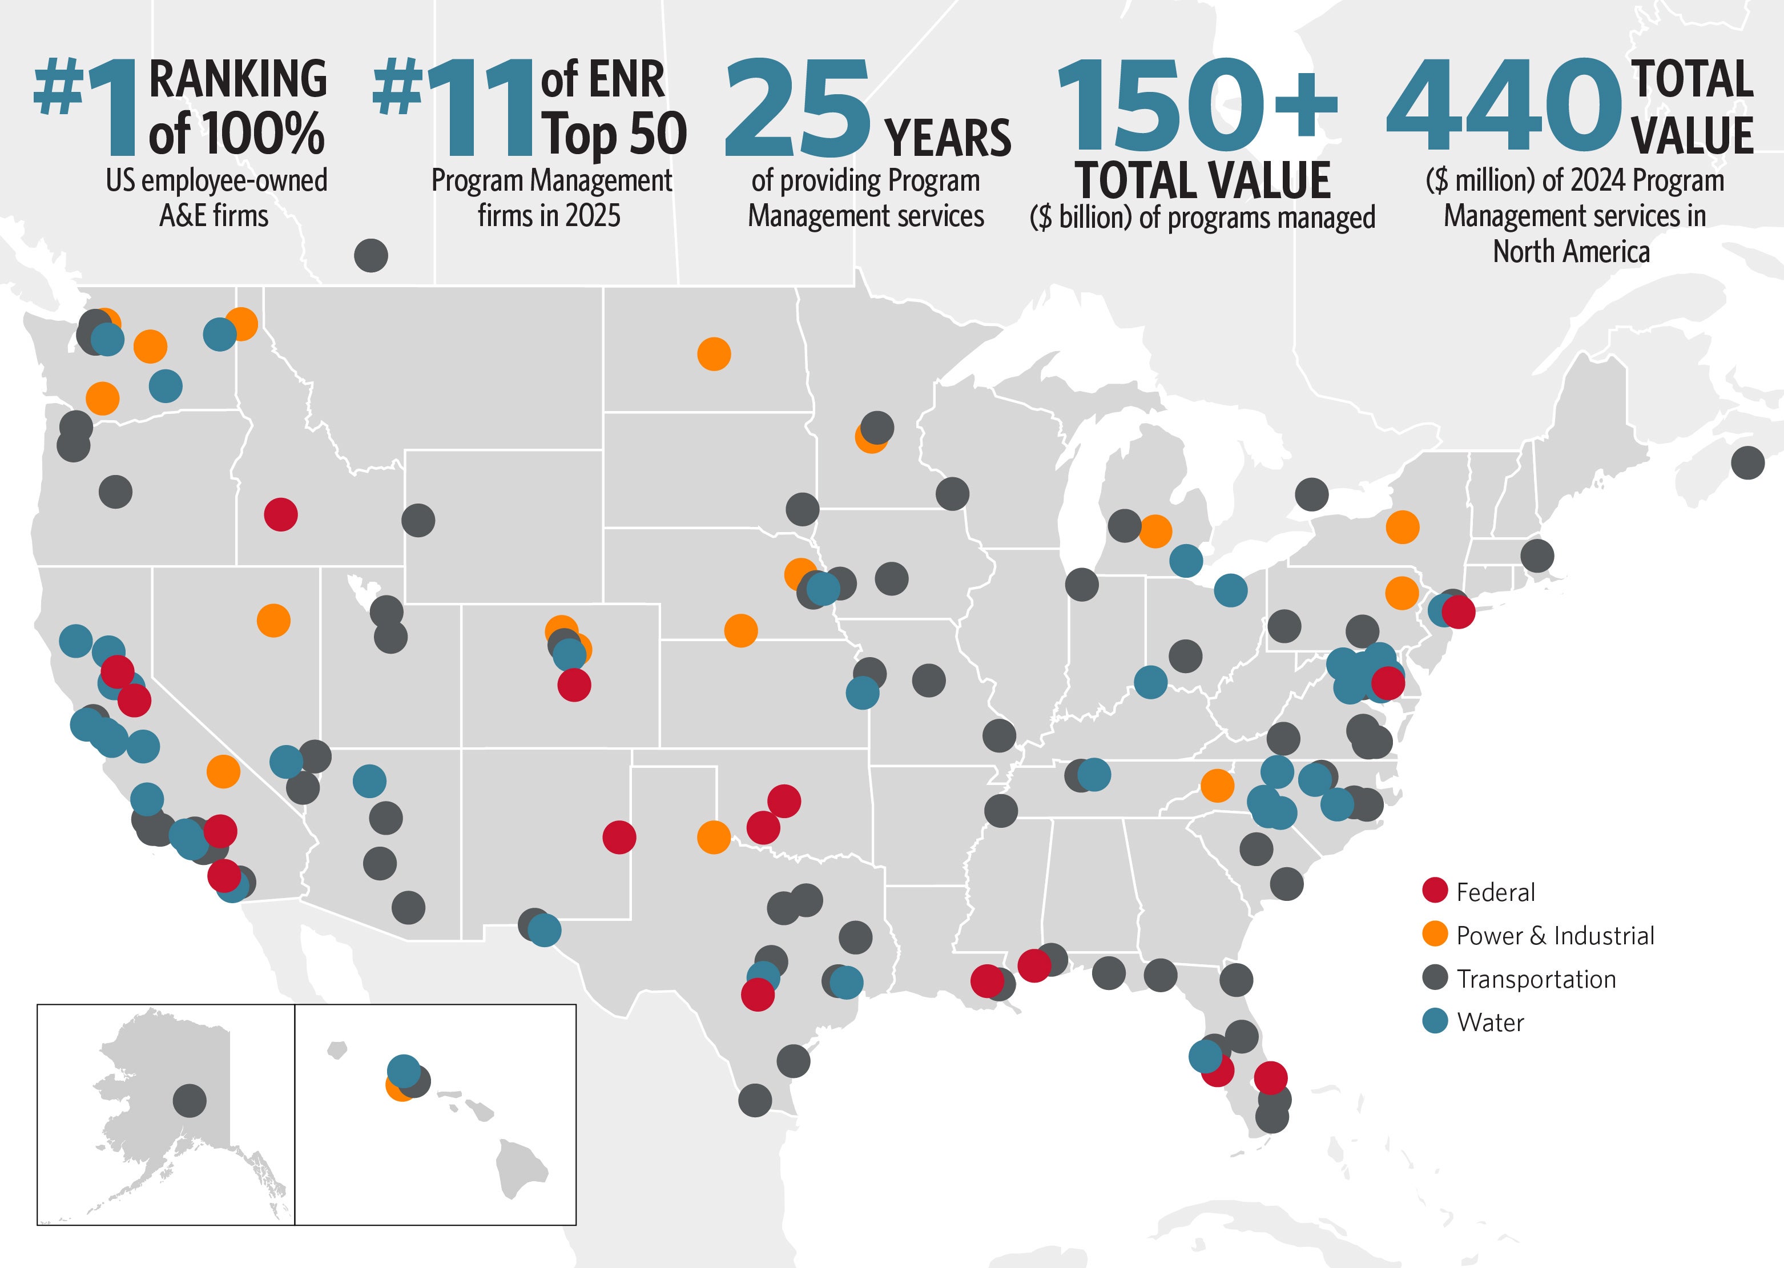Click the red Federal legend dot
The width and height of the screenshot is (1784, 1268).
tap(1435, 890)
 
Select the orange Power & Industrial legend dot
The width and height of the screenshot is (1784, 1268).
tap(1435, 934)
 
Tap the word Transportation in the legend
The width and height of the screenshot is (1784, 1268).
tap(1536, 979)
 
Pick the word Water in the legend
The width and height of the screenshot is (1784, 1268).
tap(1489, 1022)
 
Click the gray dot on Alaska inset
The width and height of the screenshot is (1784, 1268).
tap(190, 1100)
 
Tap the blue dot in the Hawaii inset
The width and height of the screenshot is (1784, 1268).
tap(404, 1070)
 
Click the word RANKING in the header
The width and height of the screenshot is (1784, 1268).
tap(237, 79)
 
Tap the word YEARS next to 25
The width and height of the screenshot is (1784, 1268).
tap(947, 138)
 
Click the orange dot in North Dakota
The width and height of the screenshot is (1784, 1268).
tap(714, 354)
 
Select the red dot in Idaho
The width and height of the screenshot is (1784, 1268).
tap(281, 514)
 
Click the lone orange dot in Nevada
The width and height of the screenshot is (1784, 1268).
tap(273, 621)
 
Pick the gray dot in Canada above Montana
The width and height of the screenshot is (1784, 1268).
tap(371, 255)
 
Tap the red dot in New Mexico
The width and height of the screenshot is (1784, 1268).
tap(619, 837)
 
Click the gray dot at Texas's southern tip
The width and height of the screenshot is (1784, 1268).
tap(755, 1100)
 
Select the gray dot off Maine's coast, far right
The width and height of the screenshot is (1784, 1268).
tap(1747, 463)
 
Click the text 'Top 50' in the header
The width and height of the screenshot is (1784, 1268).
tap(615, 134)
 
